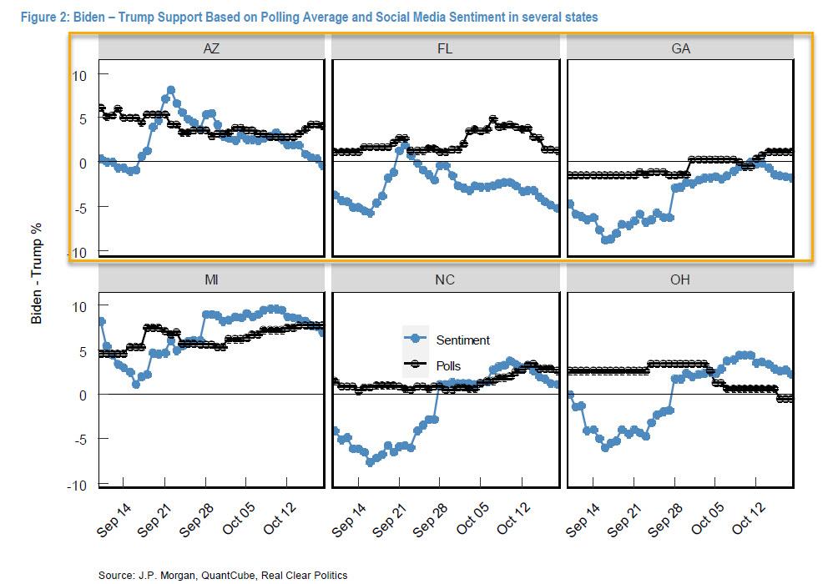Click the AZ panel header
(x=210, y=48)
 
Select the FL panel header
(x=445, y=48)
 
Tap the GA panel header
(x=680, y=48)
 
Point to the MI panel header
(x=210, y=280)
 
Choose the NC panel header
(x=445, y=280)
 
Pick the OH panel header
(x=680, y=280)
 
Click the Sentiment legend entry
(x=462, y=340)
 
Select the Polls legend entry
(x=447, y=365)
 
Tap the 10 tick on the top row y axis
(x=81, y=74)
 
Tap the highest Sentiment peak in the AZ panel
(x=170, y=90)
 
